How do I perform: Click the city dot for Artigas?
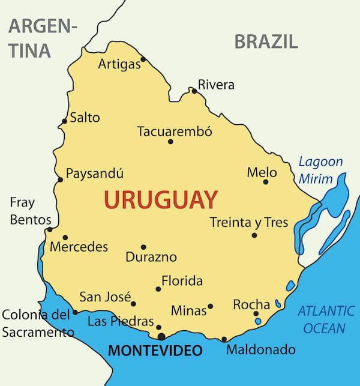[143, 59]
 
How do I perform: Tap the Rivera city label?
[216, 85]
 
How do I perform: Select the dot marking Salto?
[65, 121]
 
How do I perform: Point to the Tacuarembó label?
[175, 131]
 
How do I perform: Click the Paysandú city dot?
[60, 179]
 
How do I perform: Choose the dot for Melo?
[265, 181]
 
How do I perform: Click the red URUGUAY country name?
[161, 199]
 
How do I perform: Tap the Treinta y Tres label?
[249, 222]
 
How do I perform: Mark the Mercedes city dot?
[65, 237]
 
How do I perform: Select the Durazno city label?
[151, 257]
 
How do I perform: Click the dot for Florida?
[158, 289]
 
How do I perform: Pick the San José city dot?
[133, 304]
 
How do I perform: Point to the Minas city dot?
[210, 306]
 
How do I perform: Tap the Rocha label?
[251, 304]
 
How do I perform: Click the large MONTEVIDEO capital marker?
[161, 336]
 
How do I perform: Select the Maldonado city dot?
[224, 339]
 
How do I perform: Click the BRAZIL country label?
[266, 41]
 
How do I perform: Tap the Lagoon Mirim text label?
[320, 170]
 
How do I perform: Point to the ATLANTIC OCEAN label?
[326, 319]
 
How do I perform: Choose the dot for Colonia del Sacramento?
[75, 312]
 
